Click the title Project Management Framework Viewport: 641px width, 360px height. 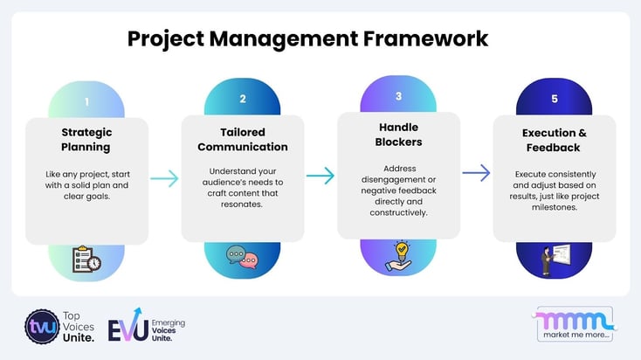click(x=308, y=39)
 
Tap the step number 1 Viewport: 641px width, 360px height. click(x=86, y=102)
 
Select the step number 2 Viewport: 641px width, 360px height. click(x=243, y=100)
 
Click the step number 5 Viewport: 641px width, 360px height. click(x=554, y=100)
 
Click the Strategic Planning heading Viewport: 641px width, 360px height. click(x=86, y=141)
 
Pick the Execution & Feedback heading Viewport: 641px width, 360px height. click(x=554, y=141)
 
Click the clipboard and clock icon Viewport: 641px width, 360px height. click(x=86, y=260)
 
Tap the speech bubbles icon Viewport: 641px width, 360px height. click(x=242, y=258)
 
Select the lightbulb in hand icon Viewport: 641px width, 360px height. click(x=398, y=254)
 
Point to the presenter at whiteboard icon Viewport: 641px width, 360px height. click(x=554, y=258)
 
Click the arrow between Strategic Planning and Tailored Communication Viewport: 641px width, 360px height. click(x=164, y=179)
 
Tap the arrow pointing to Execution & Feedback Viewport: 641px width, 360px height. click(x=476, y=174)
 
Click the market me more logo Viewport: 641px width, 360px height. click(x=575, y=324)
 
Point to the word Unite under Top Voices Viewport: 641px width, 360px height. click(x=79, y=339)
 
